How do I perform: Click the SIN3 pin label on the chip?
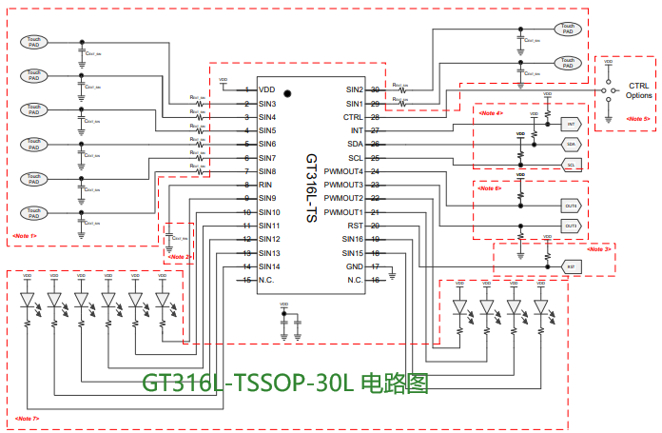[267, 103]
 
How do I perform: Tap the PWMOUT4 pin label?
[343, 170]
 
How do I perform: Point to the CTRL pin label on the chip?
[353, 116]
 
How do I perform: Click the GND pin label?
[354, 266]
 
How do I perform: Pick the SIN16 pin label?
[352, 239]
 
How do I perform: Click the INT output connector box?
[571, 125]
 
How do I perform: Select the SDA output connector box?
[571, 145]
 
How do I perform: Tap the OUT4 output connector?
[571, 206]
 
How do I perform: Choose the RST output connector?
[571, 266]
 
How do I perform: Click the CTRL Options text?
[639, 90]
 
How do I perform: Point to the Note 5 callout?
[637, 119]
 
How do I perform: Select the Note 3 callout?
[598, 248]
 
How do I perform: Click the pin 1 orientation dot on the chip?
[286, 94]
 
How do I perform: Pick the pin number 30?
[376, 89]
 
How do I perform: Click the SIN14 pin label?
[268, 266]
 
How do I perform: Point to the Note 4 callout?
[491, 113]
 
